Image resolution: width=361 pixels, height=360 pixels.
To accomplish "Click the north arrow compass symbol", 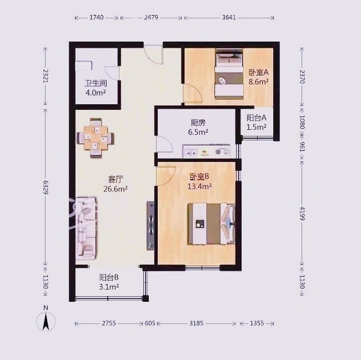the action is pos(46,321).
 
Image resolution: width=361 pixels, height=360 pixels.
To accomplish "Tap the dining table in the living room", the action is pos(96,138).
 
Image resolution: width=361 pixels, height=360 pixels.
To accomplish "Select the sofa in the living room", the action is pos(86,229).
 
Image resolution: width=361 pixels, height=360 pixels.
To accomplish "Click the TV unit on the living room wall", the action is pos(151,226).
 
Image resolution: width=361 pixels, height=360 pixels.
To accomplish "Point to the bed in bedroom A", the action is pos(229,74).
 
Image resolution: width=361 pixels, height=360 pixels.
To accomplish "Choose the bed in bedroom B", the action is pos(212,224).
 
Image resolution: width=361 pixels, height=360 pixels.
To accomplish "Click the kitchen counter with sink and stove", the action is pos(207,151).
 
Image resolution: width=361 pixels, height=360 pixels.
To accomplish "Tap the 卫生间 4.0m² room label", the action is pos(96,88).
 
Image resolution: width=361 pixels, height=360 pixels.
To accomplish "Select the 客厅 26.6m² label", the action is pos(116,184).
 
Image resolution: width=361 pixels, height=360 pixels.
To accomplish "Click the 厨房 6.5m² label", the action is pos(198,128).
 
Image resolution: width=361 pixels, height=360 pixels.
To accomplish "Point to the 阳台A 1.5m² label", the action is pos(257,122).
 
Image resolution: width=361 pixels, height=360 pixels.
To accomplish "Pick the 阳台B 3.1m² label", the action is pos(109,282).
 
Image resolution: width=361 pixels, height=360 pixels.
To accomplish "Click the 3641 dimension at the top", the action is pos(229,17).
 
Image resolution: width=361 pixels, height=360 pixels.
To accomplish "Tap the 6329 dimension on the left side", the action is pos(46,187).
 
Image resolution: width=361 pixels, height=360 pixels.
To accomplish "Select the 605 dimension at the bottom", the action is pos(150,323).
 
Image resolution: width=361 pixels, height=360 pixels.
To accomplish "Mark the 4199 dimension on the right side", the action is pos(302,214).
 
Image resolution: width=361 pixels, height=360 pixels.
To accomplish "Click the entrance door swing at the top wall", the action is pos(153,55).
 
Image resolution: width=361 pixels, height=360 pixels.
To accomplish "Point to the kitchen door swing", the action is pos(164,144).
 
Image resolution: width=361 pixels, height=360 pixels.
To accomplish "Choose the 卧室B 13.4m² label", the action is pos(199,181).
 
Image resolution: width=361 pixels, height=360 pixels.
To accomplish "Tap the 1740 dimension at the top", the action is pos(97,17).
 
